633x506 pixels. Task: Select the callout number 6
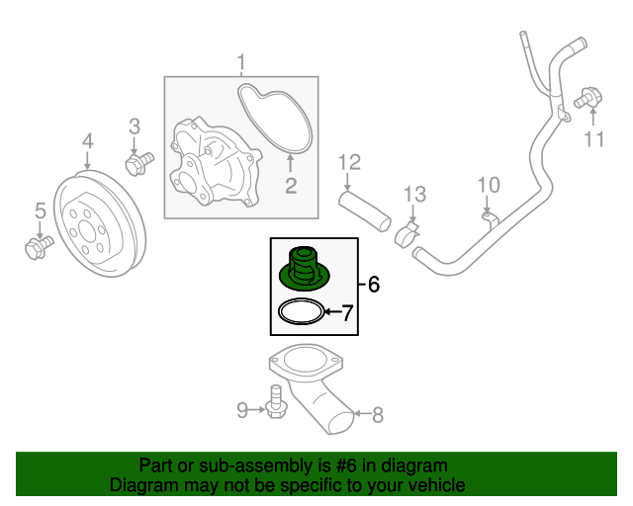(373, 286)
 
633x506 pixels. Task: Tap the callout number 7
(346, 314)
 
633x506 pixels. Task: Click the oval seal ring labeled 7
(301, 313)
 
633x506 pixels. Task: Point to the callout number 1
(240, 65)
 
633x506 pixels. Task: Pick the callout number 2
(291, 186)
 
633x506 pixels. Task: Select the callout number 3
(136, 126)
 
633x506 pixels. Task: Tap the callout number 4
(87, 141)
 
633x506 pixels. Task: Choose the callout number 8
(376, 416)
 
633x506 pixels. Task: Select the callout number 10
(490, 185)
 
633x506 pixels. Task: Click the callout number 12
(351, 161)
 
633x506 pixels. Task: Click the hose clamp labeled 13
(406, 234)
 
